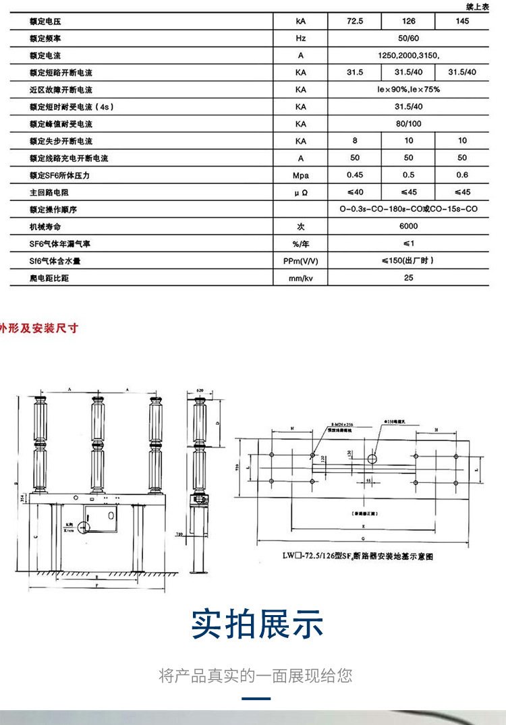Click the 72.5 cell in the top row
355,21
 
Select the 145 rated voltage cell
462,21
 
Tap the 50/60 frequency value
408,38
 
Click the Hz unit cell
301,38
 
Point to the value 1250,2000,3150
408,55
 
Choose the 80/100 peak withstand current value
408,124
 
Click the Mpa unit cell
301,175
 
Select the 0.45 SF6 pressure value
355,175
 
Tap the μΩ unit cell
301,193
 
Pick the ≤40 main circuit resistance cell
355,193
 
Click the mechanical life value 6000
408,227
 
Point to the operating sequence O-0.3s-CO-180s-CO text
408,210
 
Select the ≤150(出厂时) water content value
408,261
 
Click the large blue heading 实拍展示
257,624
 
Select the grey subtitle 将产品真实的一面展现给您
256,675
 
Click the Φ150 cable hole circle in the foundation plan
371,459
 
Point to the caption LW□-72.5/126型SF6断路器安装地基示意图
356,557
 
